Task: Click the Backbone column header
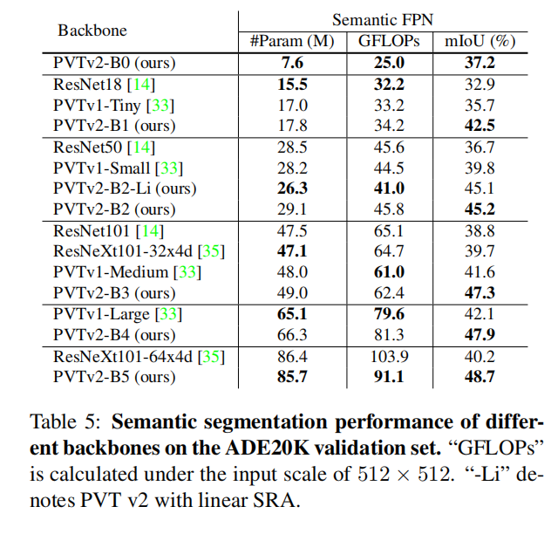pyautogui.click(x=92, y=31)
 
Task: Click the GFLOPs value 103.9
pyautogui.click(x=389, y=356)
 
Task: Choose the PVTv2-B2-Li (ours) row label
pyautogui.click(x=125, y=188)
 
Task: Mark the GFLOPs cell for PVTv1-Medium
pyautogui.click(x=389, y=272)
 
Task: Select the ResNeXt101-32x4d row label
pyautogui.click(x=126, y=251)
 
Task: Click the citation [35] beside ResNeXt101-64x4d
pyautogui.click(x=212, y=356)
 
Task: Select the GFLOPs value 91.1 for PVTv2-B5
pyautogui.click(x=389, y=377)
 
